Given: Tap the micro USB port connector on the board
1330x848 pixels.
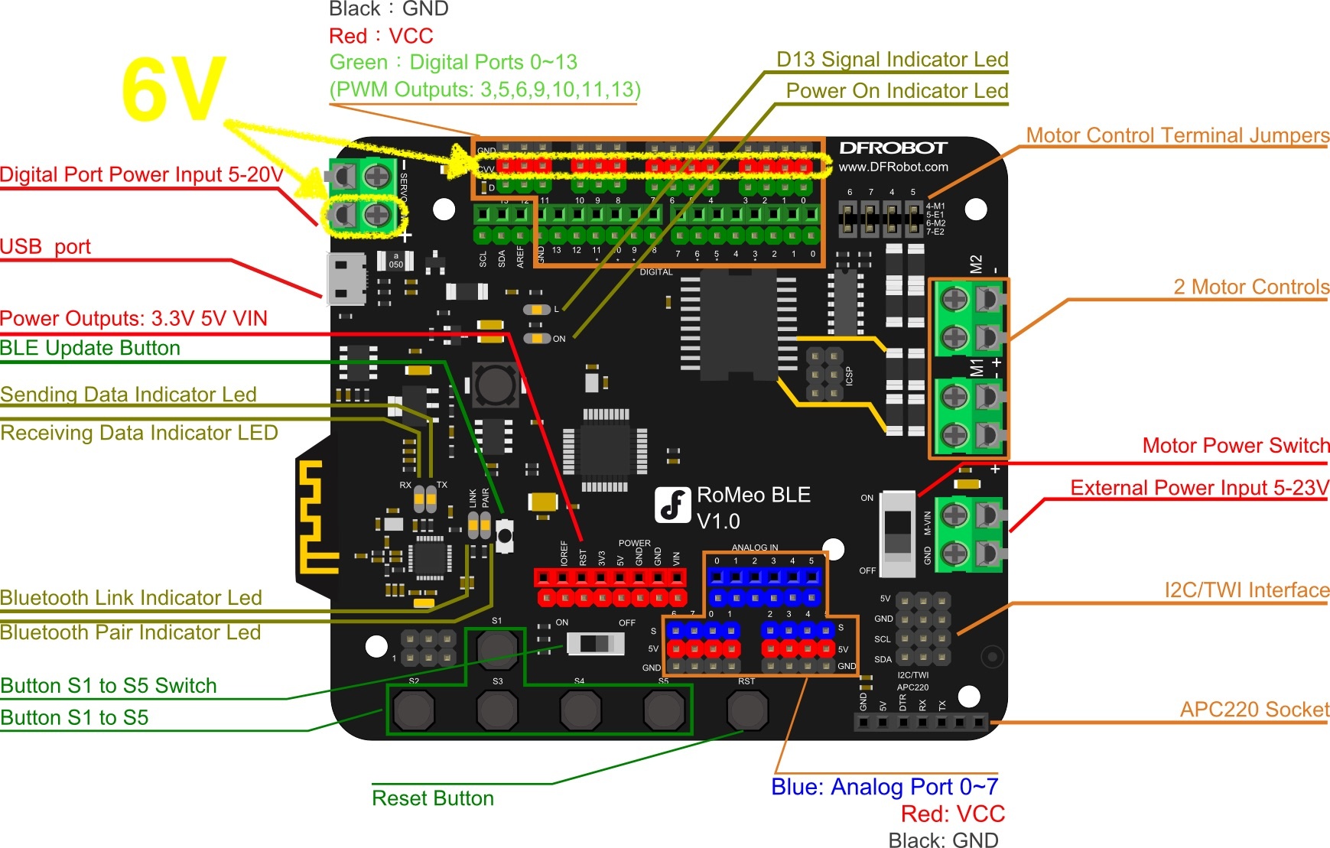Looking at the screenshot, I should pyautogui.click(x=346, y=279).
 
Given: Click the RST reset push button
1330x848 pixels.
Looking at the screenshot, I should pyautogui.click(x=746, y=710).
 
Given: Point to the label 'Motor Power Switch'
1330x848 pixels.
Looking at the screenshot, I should pyautogui.click(x=1235, y=446).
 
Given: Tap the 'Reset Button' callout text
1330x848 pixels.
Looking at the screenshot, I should pyautogui.click(x=432, y=798).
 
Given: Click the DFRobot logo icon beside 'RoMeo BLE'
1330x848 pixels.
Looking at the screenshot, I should pyautogui.click(x=673, y=505).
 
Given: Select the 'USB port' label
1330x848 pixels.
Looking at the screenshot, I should pyautogui.click(x=45, y=247).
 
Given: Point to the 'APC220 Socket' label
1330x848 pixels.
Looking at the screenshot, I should pyautogui.click(x=1254, y=710).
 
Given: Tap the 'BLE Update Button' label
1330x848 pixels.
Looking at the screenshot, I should pyautogui.click(x=90, y=349).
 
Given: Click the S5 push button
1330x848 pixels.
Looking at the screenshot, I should pyautogui.click(x=663, y=710).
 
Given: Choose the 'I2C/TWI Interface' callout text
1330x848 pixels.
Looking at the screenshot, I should pyautogui.click(x=1246, y=590).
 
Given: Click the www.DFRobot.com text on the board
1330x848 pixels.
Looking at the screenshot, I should pyautogui.click(x=893, y=167).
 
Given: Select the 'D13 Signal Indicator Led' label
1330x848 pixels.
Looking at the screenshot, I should pyautogui.click(x=892, y=60).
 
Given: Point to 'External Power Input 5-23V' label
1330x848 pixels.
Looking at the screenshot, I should pyautogui.click(x=1199, y=488).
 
